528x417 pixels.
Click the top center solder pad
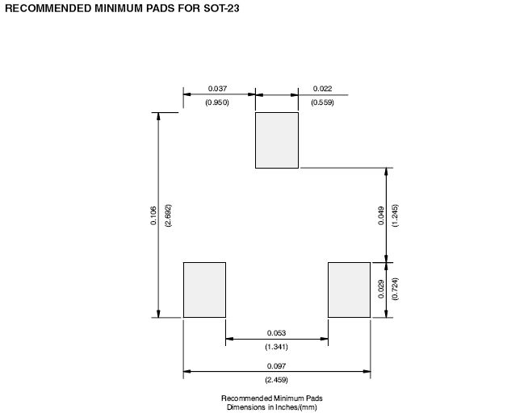coord(277,140)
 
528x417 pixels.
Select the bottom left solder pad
coord(204,290)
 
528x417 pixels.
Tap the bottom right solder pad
coord(349,290)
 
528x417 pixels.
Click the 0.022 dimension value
coord(322,87)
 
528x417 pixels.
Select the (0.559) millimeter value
coord(322,102)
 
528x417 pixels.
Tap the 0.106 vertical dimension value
coord(153,215)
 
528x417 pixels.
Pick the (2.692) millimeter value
coord(168,215)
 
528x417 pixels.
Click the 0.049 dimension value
coord(381,215)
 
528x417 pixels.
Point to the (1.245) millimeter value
coord(395,215)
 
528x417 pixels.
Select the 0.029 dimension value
coord(381,290)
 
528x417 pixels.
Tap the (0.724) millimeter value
coord(395,290)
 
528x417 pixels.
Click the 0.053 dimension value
coord(276,332)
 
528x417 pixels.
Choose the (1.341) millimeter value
coord(276,347)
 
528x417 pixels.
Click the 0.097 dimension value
coord(276,365)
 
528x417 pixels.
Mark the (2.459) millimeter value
coord(276,380)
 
